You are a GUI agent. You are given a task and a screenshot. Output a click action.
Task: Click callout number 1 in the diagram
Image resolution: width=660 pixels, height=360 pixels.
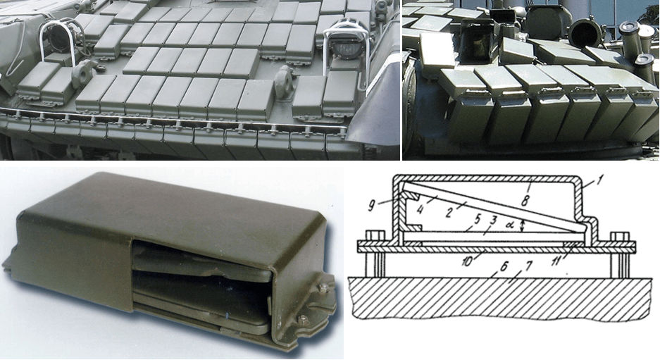click(599, 182)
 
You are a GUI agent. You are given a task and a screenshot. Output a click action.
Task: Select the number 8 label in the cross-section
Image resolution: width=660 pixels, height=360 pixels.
click(525, 201)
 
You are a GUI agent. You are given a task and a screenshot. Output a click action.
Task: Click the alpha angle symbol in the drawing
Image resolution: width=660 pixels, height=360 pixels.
click(511, 224)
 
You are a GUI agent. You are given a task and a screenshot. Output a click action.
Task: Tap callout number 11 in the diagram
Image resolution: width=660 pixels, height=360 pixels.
click(556, 261)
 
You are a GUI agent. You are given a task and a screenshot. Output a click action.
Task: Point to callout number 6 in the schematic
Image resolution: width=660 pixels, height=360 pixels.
click(504, 266)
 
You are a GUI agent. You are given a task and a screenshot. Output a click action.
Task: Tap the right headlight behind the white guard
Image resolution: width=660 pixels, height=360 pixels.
click(349, 44)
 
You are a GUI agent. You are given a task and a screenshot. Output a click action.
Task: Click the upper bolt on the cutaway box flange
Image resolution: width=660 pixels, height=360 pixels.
click(323, 289)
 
